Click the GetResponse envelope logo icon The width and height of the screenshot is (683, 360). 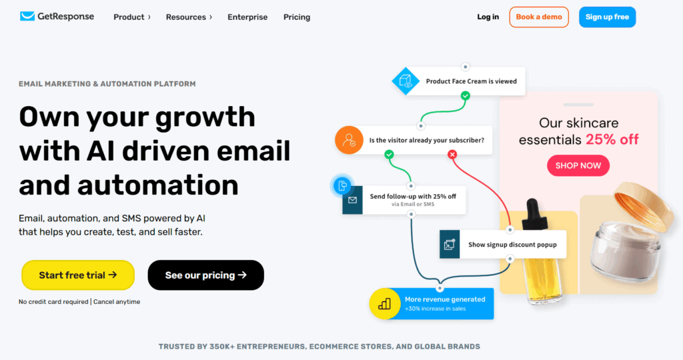(27, 16)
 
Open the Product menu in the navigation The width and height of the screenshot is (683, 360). (132, 17)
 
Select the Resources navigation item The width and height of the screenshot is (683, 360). (189, 17)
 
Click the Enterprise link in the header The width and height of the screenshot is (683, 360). (247, 17)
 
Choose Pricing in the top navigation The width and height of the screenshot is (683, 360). (297, 17)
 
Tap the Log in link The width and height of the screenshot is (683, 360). (488, 17)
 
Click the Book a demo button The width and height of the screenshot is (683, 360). (539, 17)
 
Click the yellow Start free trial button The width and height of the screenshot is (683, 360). (78, 275)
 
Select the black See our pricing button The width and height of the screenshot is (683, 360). (205, 275)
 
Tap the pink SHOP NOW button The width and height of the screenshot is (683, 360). (578, 165)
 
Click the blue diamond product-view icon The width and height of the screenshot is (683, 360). (406, 81)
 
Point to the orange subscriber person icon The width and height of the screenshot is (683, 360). (349, 140)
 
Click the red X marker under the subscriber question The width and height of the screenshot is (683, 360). (452, 154)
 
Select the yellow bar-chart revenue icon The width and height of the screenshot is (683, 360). (384, 303)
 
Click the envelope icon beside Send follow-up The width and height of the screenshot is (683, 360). (352, 200)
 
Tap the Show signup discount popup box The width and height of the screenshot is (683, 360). (503, 244)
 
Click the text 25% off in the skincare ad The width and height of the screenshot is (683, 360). (612, 139)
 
